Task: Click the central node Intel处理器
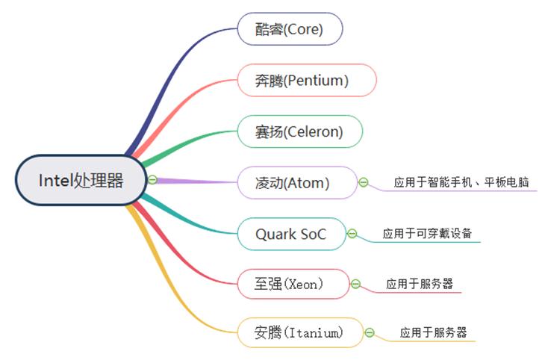(81, 180)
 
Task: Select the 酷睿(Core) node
(290, 29)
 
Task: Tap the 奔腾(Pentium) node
(306, 80)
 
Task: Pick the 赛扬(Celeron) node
(299, 131)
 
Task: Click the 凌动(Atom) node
(296, 182)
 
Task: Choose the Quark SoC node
(291, 234)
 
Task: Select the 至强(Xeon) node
(292, 284)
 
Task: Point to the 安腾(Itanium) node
(300, 332)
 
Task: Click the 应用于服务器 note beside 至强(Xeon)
(419, 284)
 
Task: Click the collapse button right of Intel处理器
(152, 179)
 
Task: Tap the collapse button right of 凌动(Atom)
(364, 182)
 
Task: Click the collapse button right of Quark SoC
(352, 234)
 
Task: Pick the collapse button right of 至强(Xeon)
(356, 284)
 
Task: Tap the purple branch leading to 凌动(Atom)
(194, 181)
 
